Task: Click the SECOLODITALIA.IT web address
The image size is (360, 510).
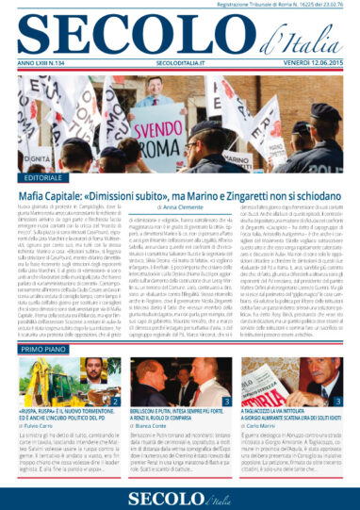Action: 180,62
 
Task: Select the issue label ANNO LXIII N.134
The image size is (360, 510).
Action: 46,62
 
